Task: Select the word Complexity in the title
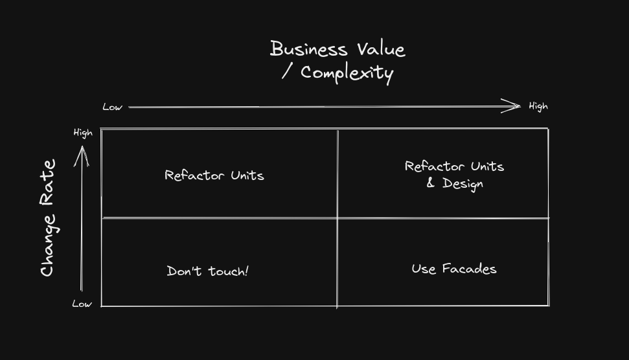(347, 73)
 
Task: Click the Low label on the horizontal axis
(112, 107)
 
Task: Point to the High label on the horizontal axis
(538, 106)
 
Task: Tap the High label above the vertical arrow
(83, 133)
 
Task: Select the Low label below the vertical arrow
(82, 304)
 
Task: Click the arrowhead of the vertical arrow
(82, 152)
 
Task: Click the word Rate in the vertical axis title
(48, 181)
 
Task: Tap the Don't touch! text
(207, 271)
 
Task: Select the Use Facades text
(453, 268)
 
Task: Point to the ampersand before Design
(431, 184)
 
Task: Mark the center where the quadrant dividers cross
(337, 218)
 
